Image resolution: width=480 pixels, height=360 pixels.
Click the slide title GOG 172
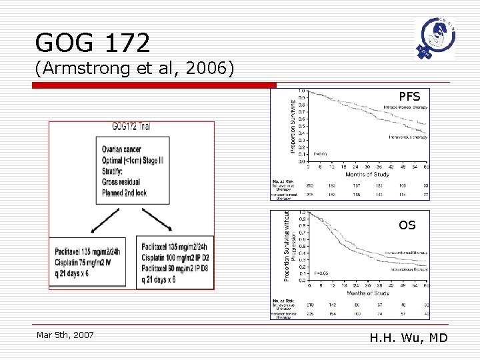(x=93, y=43)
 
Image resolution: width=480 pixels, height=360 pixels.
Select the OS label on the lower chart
(x=407, y=225)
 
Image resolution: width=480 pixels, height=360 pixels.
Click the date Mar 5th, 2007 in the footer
(x=65, y=335)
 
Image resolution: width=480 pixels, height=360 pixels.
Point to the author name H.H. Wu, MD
(x=409, y=338)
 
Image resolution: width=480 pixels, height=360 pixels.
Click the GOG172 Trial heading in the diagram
(x=131, y=127)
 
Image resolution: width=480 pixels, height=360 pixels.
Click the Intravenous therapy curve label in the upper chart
(x=408, y=137)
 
